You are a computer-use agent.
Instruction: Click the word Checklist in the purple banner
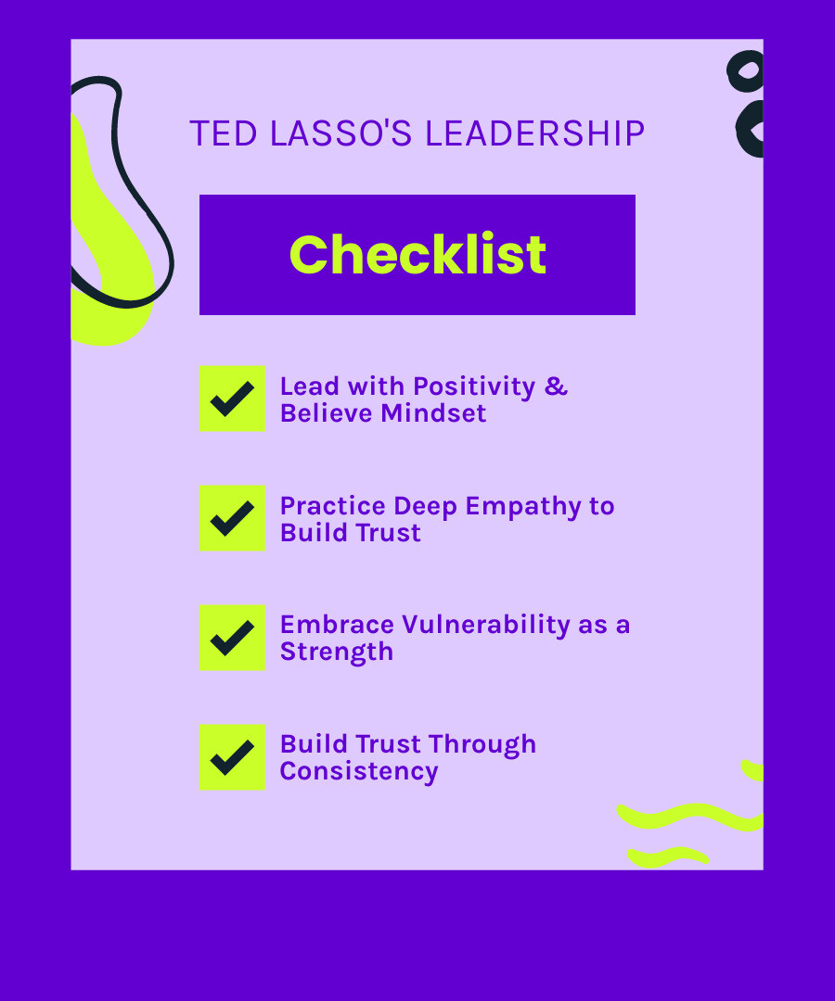point(417,255)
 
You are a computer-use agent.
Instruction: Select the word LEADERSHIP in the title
point(534,134)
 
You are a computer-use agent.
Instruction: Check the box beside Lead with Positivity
point(232,399)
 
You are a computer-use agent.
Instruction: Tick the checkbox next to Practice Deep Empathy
point(232,518)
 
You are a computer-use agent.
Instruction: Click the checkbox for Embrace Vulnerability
point(232,638)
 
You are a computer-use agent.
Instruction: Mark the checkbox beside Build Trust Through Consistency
point(232,757)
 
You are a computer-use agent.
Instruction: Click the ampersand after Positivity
point(556,386)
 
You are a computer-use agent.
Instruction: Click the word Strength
point(337,653)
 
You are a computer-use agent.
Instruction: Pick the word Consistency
point(359,772)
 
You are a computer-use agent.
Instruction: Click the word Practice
point(332,507)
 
